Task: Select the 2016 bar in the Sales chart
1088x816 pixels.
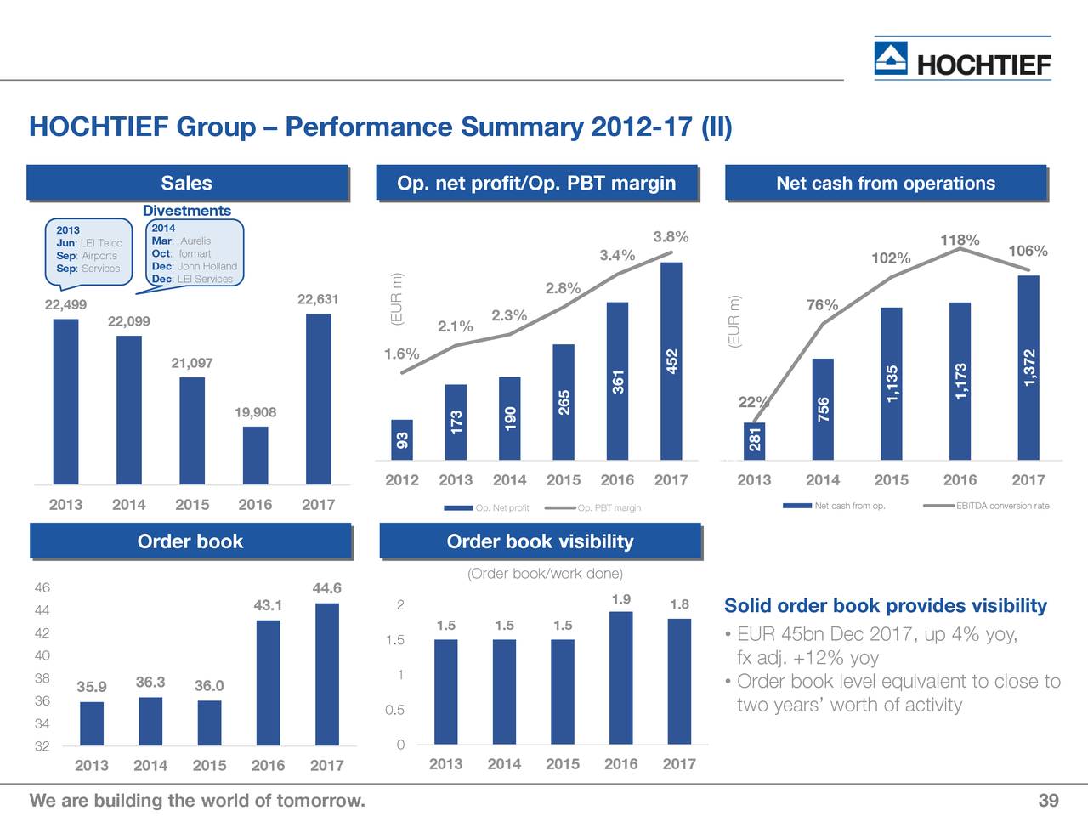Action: (x=255, y=455)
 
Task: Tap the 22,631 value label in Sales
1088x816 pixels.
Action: (x=318, y=299)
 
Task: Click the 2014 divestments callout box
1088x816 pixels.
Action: (x=195, y=253)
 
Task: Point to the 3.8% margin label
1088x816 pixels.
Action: (x=671, y=237)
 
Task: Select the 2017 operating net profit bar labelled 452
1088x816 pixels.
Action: (x=671, y=361)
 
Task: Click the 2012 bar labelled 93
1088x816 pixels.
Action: (x=402, y=440)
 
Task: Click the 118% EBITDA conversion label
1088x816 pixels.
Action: (x=960, y=241)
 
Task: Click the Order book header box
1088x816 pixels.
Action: (x=190, y=541)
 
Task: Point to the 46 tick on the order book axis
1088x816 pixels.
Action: (x=42, y=588)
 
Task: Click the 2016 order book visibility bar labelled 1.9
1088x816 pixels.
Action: (x=620, y=677)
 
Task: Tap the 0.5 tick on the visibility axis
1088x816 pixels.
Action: (x=394, y=711)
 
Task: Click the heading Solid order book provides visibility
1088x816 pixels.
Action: (x=885, y=606)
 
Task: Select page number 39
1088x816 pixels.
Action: (x=1048, y=801)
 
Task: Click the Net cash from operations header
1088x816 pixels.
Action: (x=886, y=184)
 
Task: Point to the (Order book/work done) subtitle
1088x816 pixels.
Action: (x=545, y=574)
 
